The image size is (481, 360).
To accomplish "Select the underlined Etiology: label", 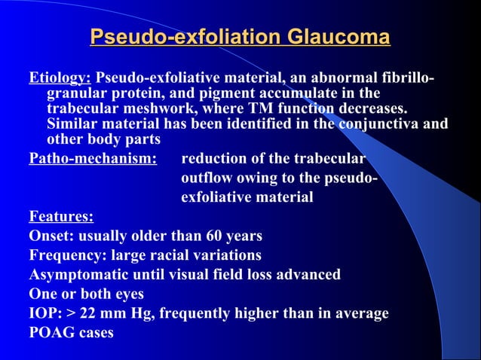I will click(x=60, y=78).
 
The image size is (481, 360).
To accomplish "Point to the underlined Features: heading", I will click(x=60, y=217).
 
